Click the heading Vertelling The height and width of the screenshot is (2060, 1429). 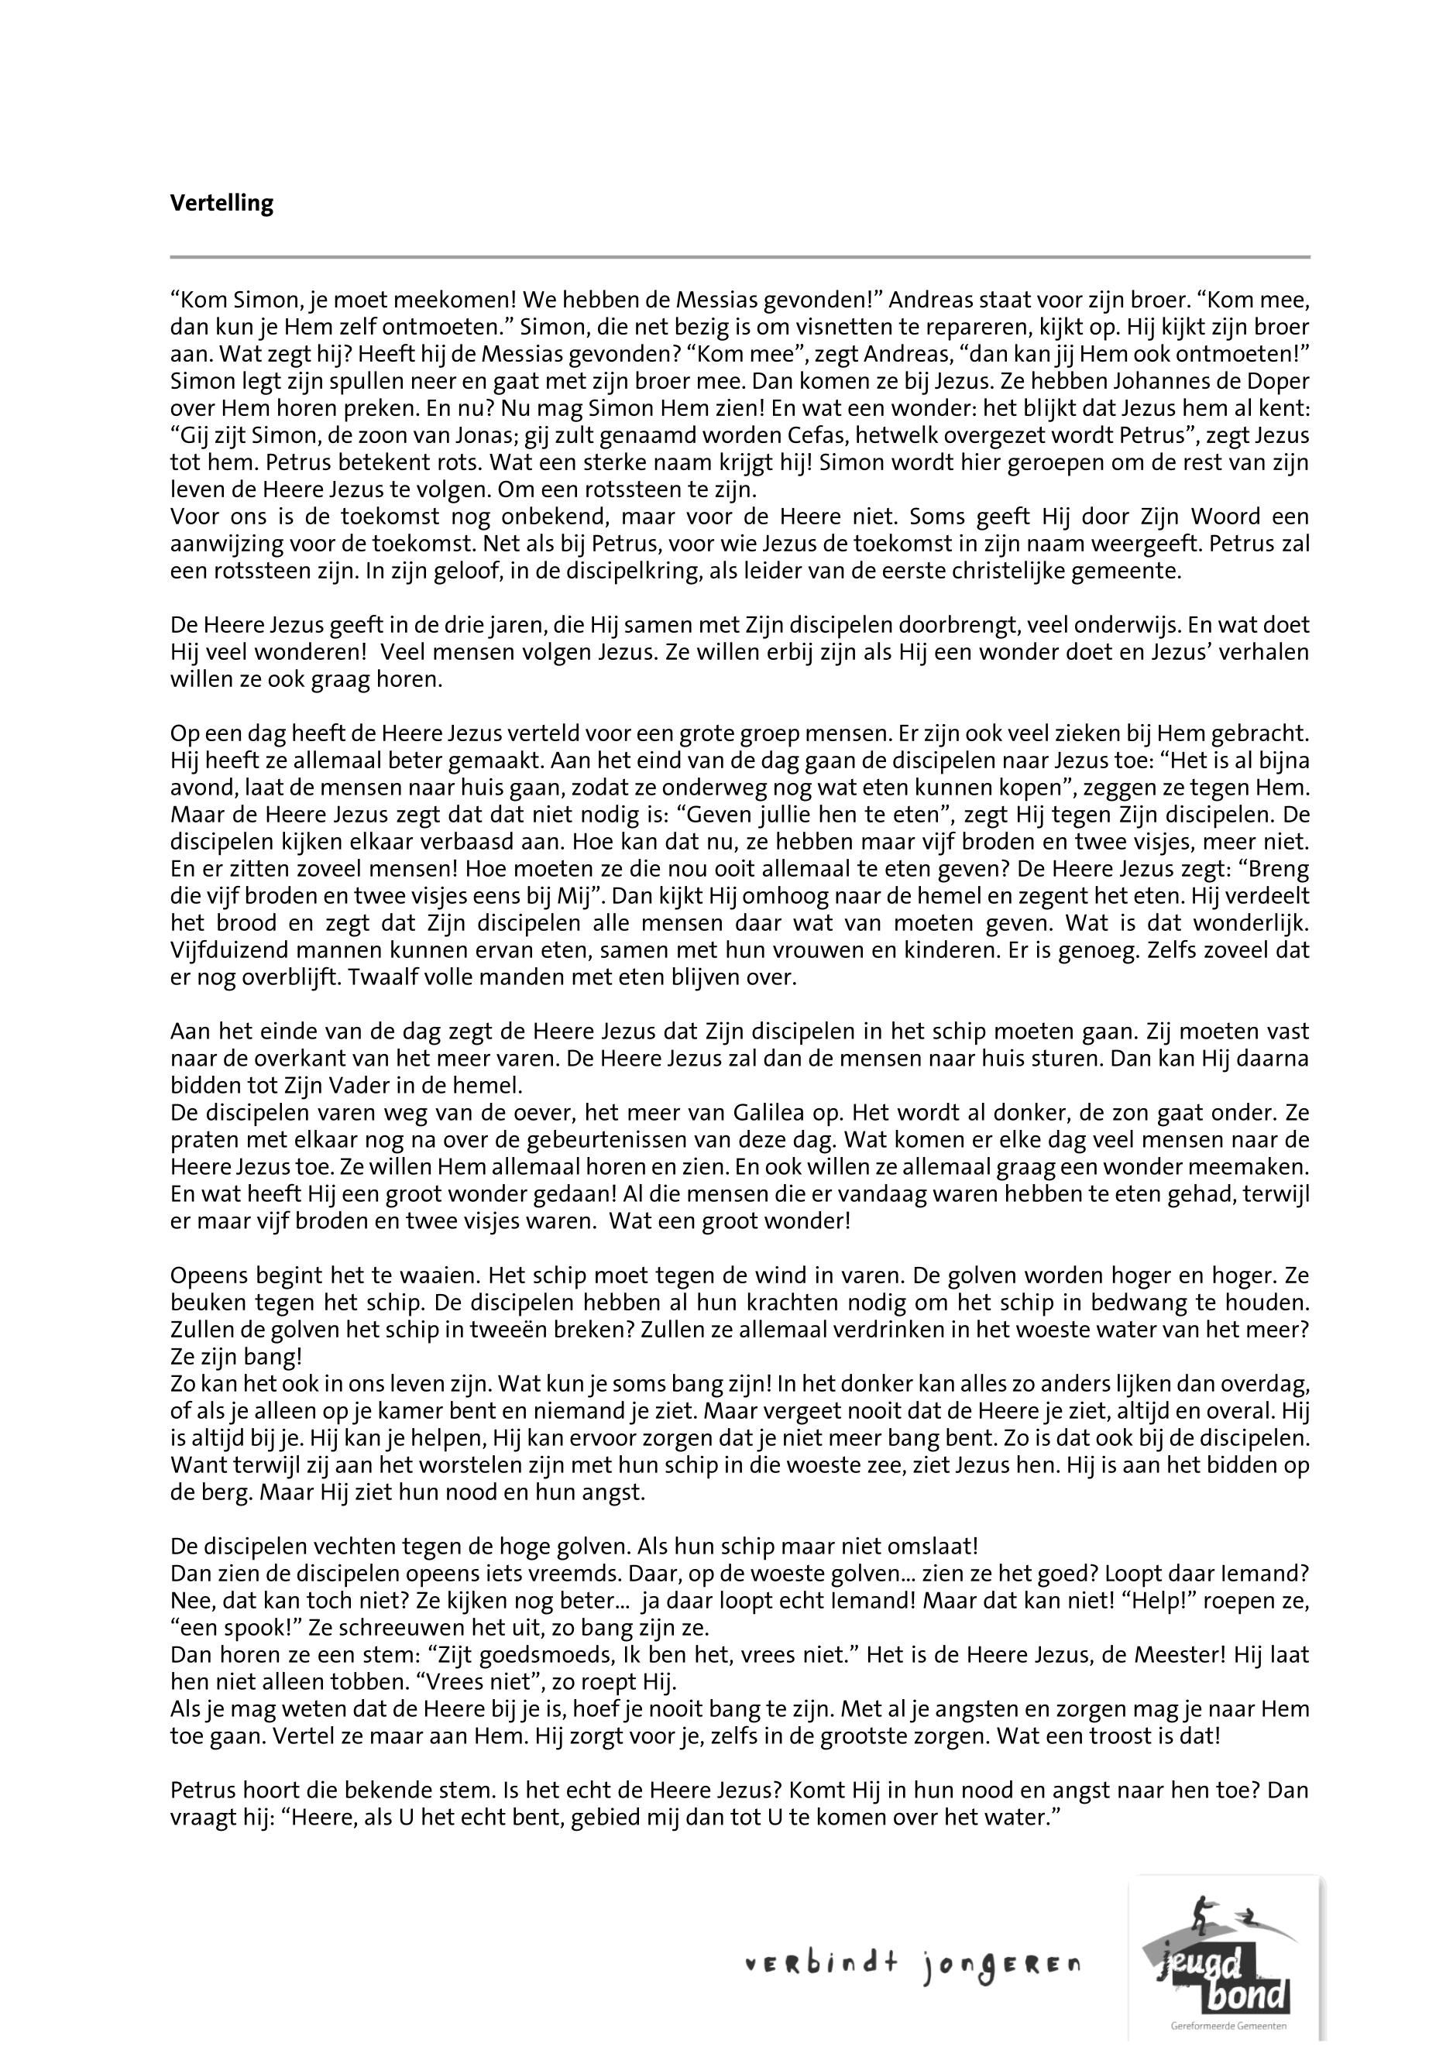222,204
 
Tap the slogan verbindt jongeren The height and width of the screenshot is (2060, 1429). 912,1966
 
